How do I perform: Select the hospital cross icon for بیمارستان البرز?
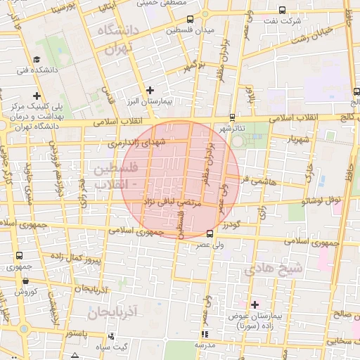(150, 90)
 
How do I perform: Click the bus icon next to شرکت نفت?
(282, 11)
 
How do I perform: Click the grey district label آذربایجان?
(117, 310)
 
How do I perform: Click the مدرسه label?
(205, 346)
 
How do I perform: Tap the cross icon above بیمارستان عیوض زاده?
(255, 304)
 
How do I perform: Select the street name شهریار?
(297, 139)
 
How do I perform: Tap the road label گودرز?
(232, 226)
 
